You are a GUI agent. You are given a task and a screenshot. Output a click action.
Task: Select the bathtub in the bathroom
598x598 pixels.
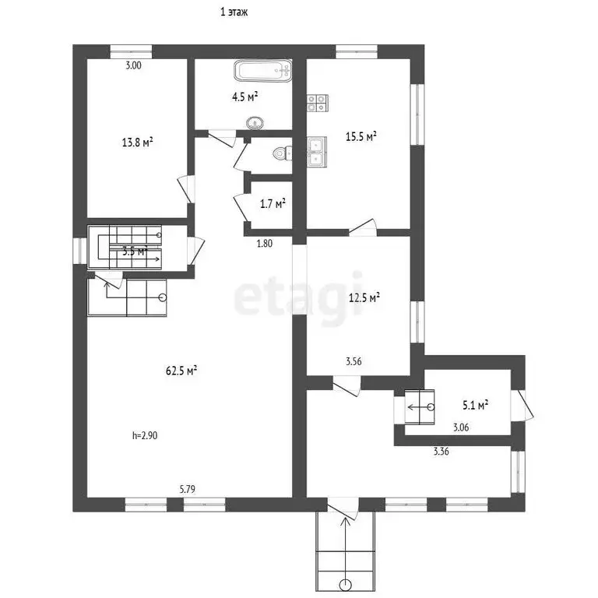click(262, 72)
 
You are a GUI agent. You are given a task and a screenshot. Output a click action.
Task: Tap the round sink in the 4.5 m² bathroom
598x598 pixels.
click(255, 122)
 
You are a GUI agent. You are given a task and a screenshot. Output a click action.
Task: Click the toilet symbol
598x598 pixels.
click(280, 153)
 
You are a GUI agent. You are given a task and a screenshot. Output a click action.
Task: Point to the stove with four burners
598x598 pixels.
click(317, 100)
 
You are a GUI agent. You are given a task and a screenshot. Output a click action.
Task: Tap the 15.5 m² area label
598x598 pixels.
click(361, 136)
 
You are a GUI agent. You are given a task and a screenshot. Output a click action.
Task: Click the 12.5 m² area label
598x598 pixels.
click(364, 297)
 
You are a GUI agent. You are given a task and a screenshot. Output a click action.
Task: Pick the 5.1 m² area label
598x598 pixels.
click(475, 405)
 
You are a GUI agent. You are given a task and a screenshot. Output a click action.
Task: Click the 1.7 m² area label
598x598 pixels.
click(272, 205)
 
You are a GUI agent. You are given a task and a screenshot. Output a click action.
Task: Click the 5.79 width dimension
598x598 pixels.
click(187, 490)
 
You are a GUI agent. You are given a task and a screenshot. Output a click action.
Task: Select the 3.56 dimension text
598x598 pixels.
click(354, 361)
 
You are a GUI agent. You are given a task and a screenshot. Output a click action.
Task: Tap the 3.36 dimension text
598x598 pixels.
click(441, 451)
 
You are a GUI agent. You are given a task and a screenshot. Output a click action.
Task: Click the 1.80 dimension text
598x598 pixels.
click(265, 243)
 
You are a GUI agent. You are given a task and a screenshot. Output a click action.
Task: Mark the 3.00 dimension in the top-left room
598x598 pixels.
click(134, 66)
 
